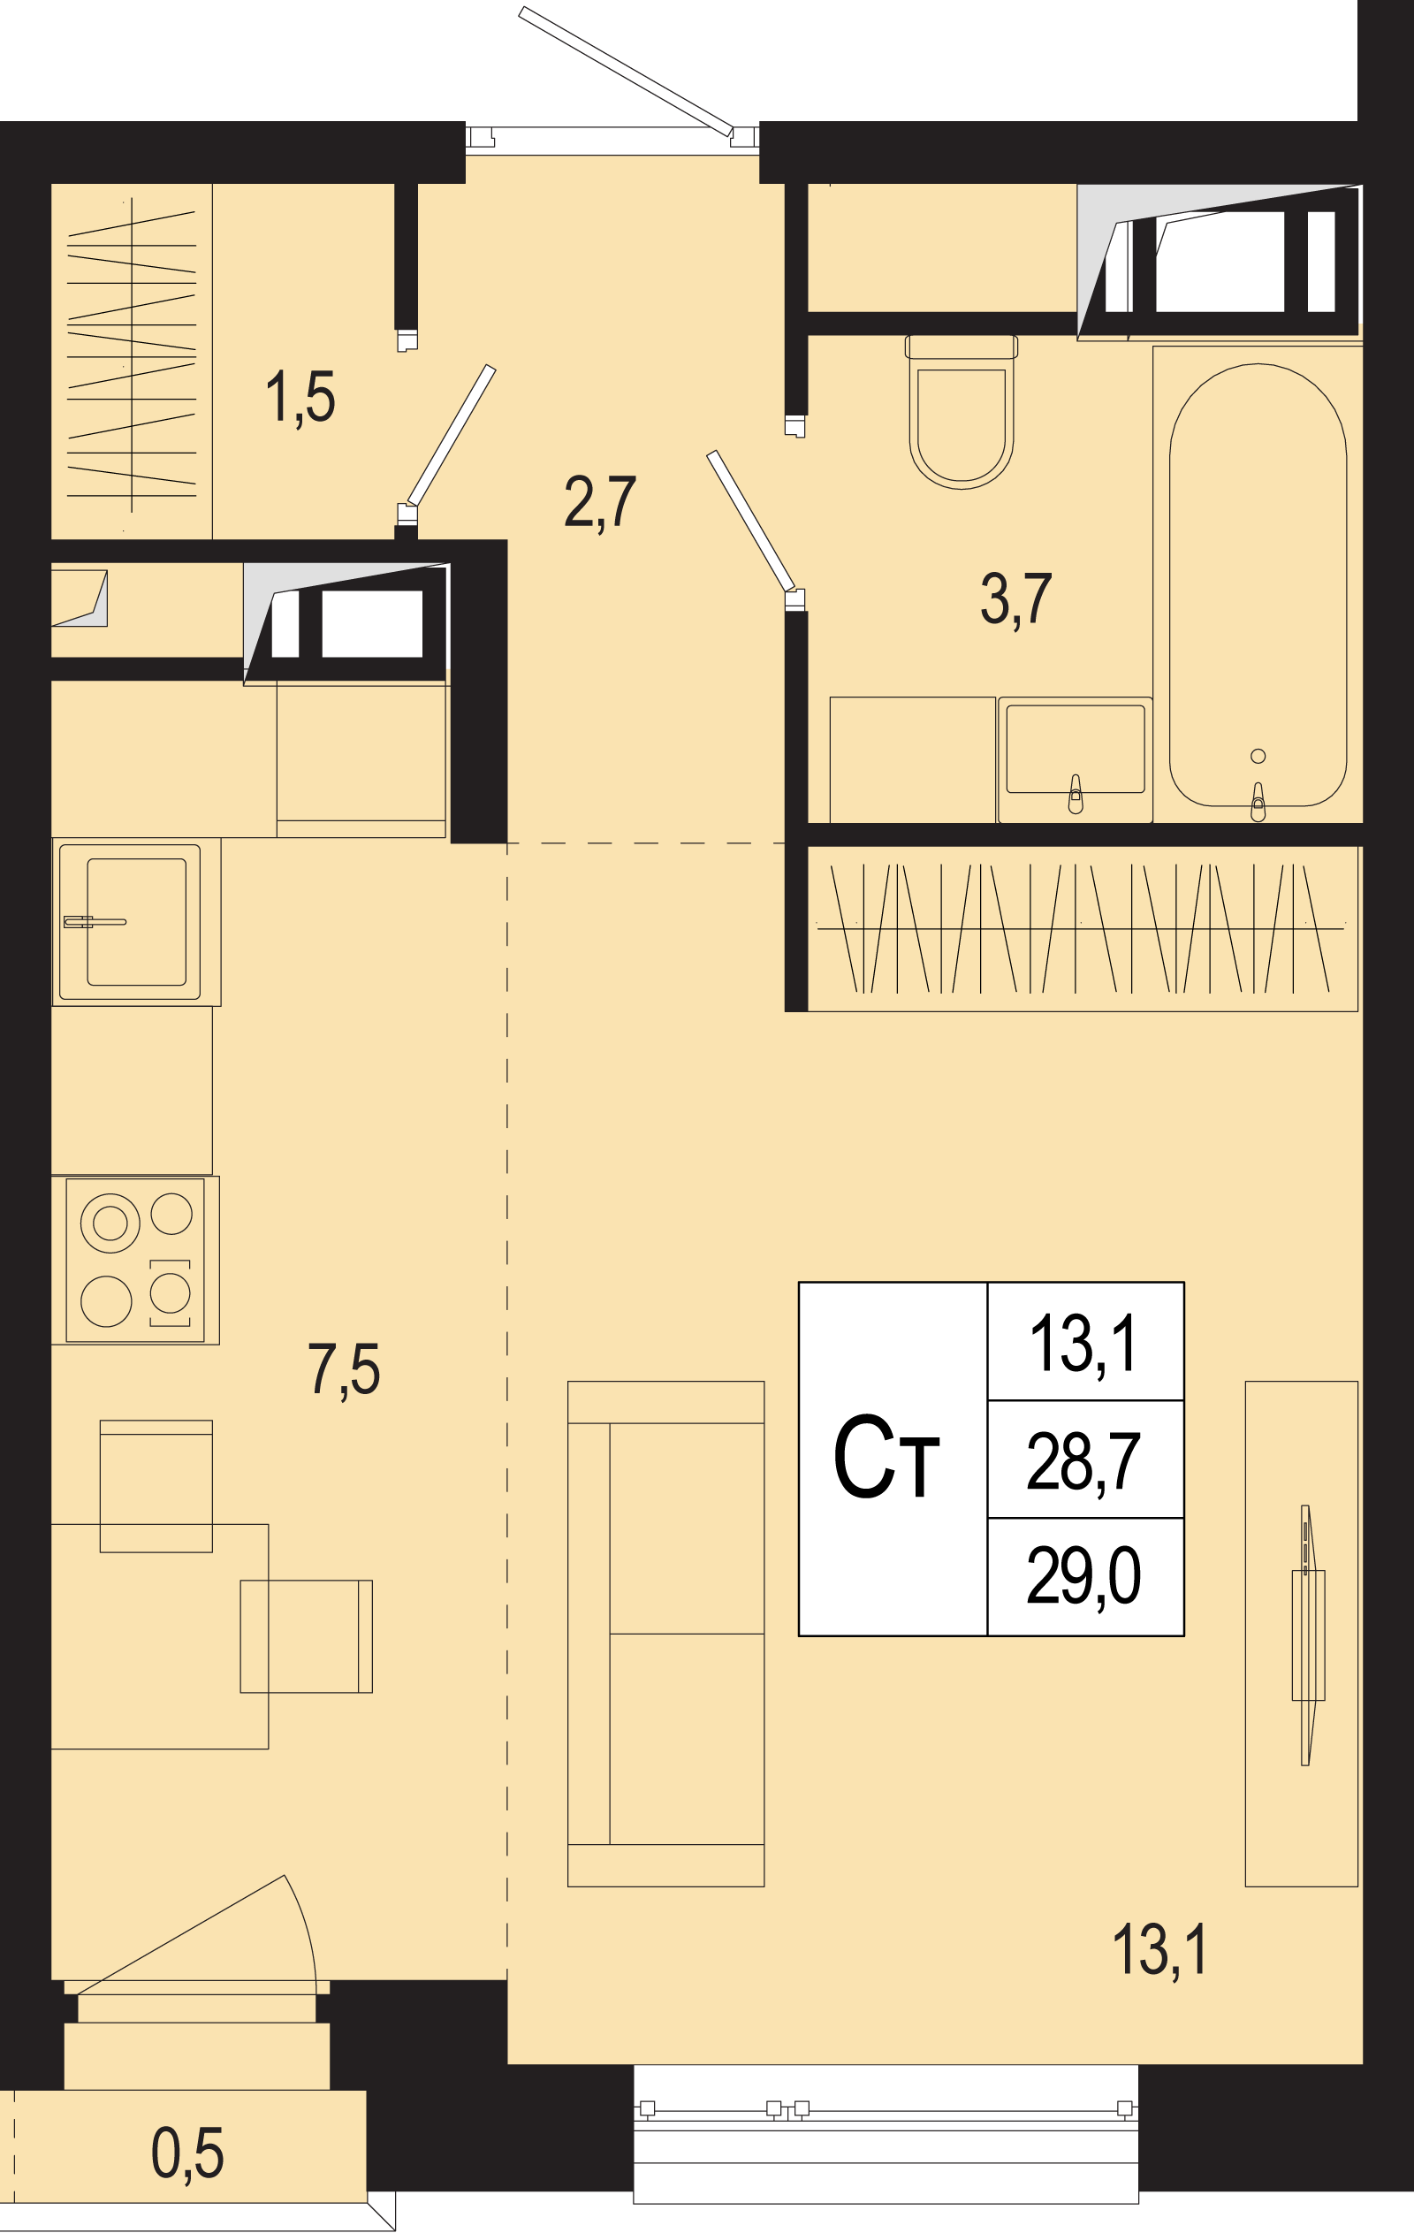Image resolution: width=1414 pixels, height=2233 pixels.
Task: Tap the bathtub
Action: [x=1258, y=584]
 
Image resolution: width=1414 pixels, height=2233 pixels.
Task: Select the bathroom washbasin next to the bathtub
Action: [x=1075, y=759]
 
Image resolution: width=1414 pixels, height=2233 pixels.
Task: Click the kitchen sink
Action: [x=135, y=921]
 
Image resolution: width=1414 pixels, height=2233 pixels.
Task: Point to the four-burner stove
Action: [x=135, y=1261]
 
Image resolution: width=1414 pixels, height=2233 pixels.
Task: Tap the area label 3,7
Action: [x=1015, y=600]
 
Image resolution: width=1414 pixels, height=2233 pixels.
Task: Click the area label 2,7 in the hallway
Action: [x=600, y=504]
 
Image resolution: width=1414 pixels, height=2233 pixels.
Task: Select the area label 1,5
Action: [x=300, y=399]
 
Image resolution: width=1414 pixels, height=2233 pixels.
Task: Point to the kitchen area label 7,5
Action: [x=344, y=1369]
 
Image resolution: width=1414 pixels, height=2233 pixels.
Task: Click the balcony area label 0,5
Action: [x=187, y=2153]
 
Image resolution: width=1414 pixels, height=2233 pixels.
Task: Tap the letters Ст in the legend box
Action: [x=886, y=1456]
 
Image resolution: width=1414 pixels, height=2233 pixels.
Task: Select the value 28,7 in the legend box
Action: [x=1083, y=1460]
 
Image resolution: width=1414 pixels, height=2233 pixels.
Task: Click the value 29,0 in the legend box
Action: [x=1083, y=1575]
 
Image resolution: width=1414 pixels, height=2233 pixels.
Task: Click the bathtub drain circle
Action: [x=1258, y=756]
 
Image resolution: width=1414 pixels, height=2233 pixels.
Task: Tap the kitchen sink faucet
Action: [x=95, y=922]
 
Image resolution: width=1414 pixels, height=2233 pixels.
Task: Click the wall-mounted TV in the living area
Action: [x=1307, y=1635]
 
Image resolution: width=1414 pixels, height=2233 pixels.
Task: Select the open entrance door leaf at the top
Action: [x=626, y=72]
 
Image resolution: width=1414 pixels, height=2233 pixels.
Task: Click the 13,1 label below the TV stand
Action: [x=1160, y=1950]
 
